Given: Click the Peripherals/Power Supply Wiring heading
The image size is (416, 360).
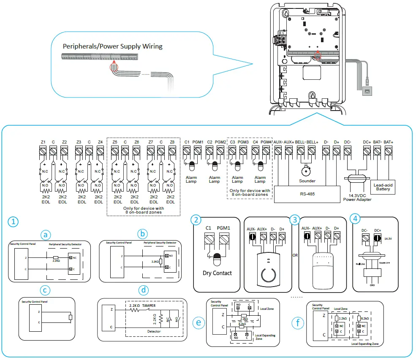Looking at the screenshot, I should point(113,46).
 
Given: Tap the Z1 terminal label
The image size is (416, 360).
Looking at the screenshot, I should point(43,142).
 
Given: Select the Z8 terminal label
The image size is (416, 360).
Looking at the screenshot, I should point(171,142).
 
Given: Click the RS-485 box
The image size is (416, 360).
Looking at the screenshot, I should point(307,194).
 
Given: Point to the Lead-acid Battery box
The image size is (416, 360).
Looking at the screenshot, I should point(383,187).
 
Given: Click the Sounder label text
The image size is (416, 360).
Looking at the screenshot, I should point(307,181).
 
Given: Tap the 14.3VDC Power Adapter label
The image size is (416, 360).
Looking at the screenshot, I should point(358,197).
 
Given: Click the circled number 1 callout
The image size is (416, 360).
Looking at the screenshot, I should point(14,222).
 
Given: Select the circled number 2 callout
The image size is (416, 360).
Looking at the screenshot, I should point(195,219).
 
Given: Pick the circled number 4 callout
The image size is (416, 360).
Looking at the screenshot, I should point(356,219).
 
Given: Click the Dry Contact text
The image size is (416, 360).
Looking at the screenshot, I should point(217,273).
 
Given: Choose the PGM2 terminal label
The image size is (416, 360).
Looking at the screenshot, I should point(220,142).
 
